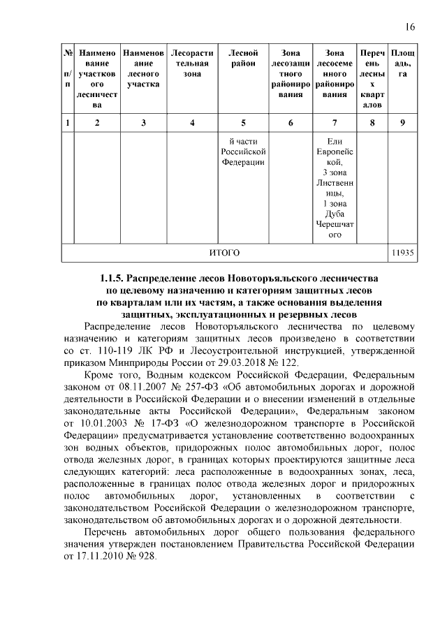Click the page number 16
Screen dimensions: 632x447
[x=410, y=27]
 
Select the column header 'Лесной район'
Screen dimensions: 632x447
[x=243, y=58]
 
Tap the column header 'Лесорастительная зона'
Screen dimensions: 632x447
[x=192, y=63]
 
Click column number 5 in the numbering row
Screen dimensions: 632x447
[x=243, y=123]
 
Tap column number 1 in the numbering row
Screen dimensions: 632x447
[x=67, y=123]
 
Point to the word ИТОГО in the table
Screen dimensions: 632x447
[x=225, y=252]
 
